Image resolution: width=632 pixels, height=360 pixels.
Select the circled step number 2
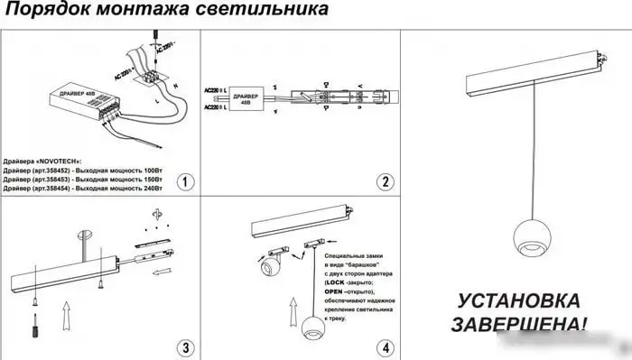(x=385, y=181)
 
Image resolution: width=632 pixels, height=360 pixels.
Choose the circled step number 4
(x=385, y=346)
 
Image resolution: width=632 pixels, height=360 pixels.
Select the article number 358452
(x=68, y=169)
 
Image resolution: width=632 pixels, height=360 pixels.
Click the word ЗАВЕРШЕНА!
(x=518, y=322)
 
